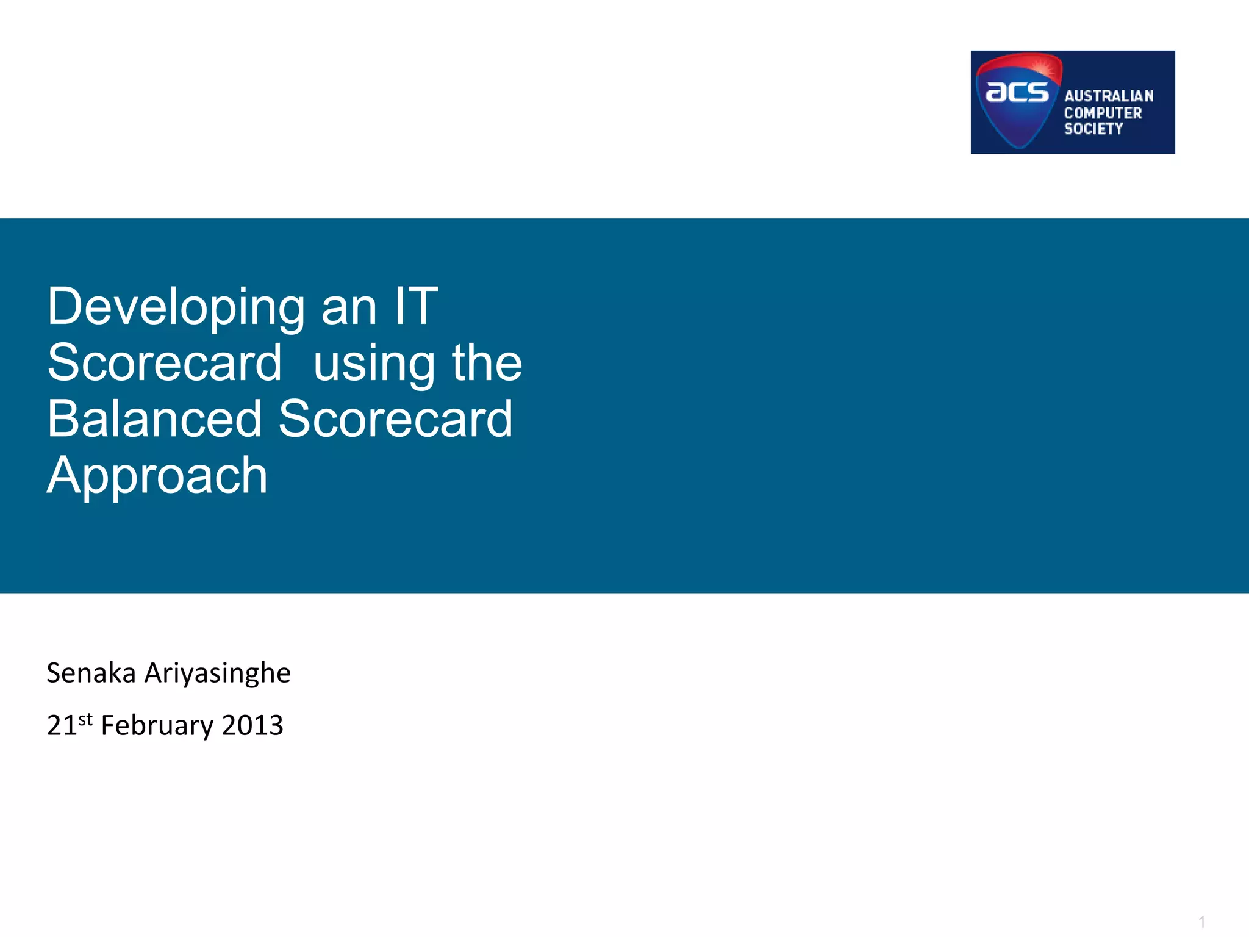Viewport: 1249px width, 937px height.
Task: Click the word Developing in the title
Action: (176, 307)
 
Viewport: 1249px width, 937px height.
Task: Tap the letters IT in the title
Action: (416, 306)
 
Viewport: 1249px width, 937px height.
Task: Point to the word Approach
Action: (157, 476)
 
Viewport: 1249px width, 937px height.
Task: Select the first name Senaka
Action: (91, 673)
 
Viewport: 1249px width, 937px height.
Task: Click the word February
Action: (157, 726)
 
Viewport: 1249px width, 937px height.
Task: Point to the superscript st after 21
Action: (85, 719)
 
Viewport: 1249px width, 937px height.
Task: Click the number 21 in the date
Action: (62, 726)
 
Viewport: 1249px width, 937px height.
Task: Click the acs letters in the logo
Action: (1017, 93)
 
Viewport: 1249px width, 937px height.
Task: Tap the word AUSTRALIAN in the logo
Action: (1109, 96)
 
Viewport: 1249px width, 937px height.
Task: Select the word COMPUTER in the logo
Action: (1103, 113)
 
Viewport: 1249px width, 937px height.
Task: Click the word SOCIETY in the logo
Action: (1093, 129)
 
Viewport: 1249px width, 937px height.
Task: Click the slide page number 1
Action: (1201, 921)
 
